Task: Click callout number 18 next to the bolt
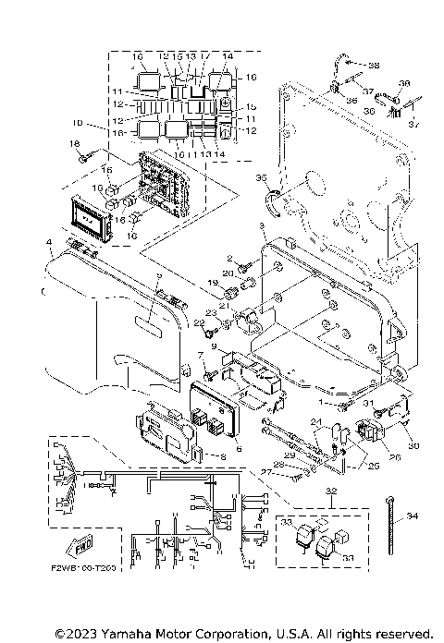click(x=75, y=144)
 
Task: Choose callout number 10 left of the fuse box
click(x=78, y=123)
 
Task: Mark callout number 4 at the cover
click(x=48, y=243)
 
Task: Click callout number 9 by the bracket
click(x=213, y=347)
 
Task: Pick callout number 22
click(x=197, y=322)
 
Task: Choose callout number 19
click(x=212, y=283)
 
